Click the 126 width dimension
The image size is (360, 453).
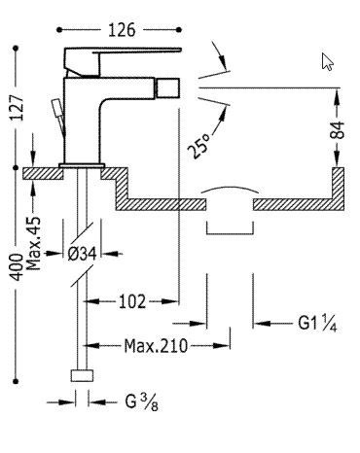click(122, 30)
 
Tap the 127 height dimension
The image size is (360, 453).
click(17, 108)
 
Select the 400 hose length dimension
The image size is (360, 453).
click(17, 267)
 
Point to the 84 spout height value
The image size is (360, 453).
click(338, 130)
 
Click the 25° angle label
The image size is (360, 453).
click(198, 146)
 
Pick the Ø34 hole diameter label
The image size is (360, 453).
click(83, 254)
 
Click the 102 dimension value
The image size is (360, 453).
click(132, 301)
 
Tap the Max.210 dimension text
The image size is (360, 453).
click(156, 346)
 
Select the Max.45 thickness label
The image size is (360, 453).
click(33, 243)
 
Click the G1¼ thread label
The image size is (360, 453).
click(318, 323)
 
